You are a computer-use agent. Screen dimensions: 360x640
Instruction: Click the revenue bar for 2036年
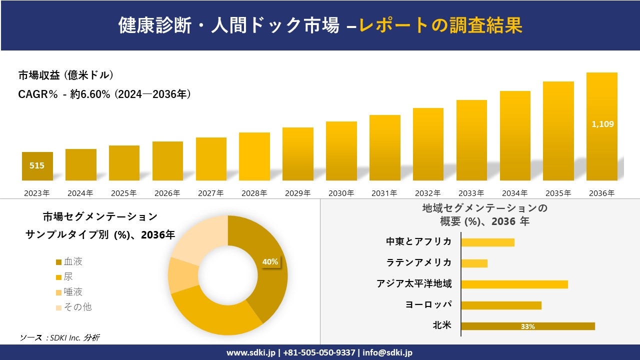(x=601, y=126)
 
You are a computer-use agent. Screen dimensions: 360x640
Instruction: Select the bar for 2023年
(x=37, y=166)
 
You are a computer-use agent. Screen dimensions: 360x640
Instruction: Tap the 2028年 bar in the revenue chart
(x=254, y=156)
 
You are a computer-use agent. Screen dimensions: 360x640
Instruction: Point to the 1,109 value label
(x=602, y=124)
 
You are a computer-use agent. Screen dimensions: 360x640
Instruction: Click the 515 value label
(x=37, y=165)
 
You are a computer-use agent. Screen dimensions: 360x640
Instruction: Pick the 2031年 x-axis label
(x=384, y=193)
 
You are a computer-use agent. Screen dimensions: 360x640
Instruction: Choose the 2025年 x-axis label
(x=123, y=193)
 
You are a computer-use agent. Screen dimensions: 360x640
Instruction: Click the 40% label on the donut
(x=270, y=261)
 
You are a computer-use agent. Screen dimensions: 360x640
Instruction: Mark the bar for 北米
(x=527, y=326)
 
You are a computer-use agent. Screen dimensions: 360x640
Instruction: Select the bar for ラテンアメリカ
(x=474, y=263)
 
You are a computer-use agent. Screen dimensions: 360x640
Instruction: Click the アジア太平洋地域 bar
(x=514, y=284)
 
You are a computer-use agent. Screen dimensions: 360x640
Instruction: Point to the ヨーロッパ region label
(x=428, y=304)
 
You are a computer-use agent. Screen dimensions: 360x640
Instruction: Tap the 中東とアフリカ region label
(x=418, y=241)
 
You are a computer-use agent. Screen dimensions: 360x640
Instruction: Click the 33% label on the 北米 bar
(x=527, y=326)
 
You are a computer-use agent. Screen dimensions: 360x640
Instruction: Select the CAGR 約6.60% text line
(x=104, y=94)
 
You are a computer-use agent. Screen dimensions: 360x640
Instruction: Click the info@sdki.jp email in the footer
(x=387, y=352)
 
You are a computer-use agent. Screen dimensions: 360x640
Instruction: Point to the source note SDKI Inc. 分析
(x=59, y=337)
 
